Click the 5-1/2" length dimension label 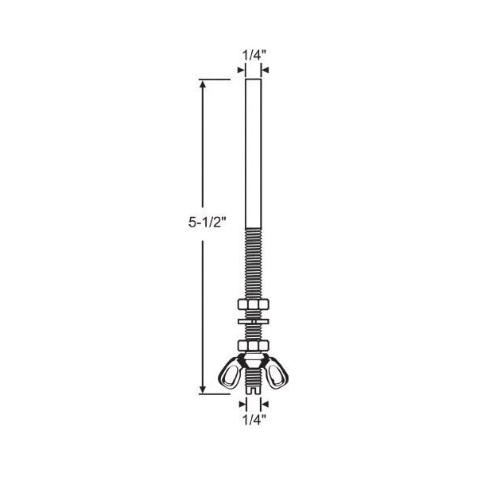[207, 222]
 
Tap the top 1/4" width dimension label [254, 56]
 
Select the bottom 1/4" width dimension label [254, 420]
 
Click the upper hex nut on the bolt [254, 304]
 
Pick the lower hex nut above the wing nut [254, 346]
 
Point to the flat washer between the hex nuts [254, 321]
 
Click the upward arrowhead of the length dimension [203, 85]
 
